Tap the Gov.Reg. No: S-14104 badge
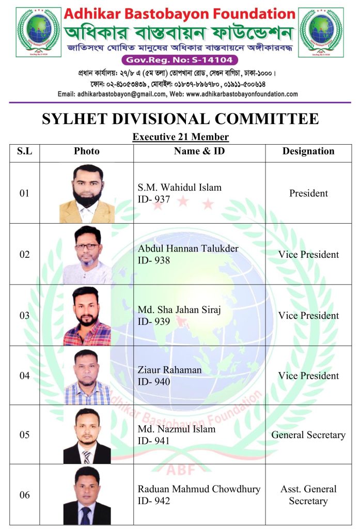pos(180,60)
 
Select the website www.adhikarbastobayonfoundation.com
pos(242,94)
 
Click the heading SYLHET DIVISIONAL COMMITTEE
pos(180,119)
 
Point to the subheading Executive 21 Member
pos(180,137)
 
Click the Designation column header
pos(308,151)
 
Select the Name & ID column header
pos(199,151)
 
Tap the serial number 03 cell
pos(24,316)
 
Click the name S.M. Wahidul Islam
pos(179,188)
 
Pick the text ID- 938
pos(154,260)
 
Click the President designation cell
pos(308,193)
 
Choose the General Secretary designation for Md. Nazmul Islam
pos(308,435)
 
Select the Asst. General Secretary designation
pos(308,495)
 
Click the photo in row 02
pos(87,254)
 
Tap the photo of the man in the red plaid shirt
pos(87,315)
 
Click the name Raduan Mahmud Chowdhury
pos(199,489)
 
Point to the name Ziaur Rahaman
pos(169,370)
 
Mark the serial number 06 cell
pos(24,495)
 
